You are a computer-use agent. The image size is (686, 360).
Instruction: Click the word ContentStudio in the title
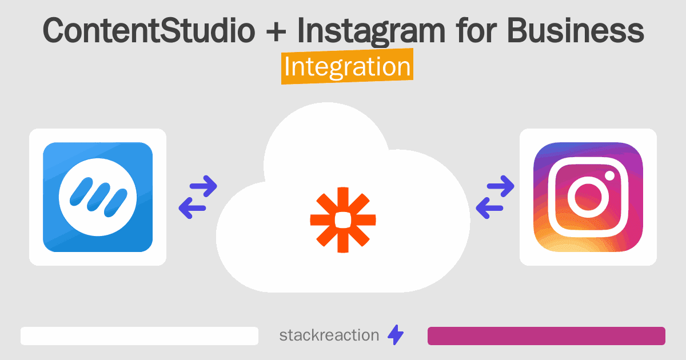(x=148, y=32)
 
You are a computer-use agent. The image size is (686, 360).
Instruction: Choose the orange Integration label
(x=347, y=67)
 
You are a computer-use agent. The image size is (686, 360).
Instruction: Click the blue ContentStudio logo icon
(x=98, y=197)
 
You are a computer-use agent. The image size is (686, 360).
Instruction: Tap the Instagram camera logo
(x=588, y=197)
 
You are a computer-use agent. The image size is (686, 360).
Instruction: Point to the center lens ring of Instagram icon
(x=588, y=198)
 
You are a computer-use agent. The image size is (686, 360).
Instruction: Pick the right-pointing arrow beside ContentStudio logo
(x=204, y=186)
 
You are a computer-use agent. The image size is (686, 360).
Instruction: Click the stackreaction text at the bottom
(x=329, y=335)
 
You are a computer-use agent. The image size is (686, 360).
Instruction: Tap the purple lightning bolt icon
(x=396, y=335)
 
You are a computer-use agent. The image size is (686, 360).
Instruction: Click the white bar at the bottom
(x=139, y=336)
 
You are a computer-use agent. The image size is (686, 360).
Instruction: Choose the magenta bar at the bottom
(x=546, y=336)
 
